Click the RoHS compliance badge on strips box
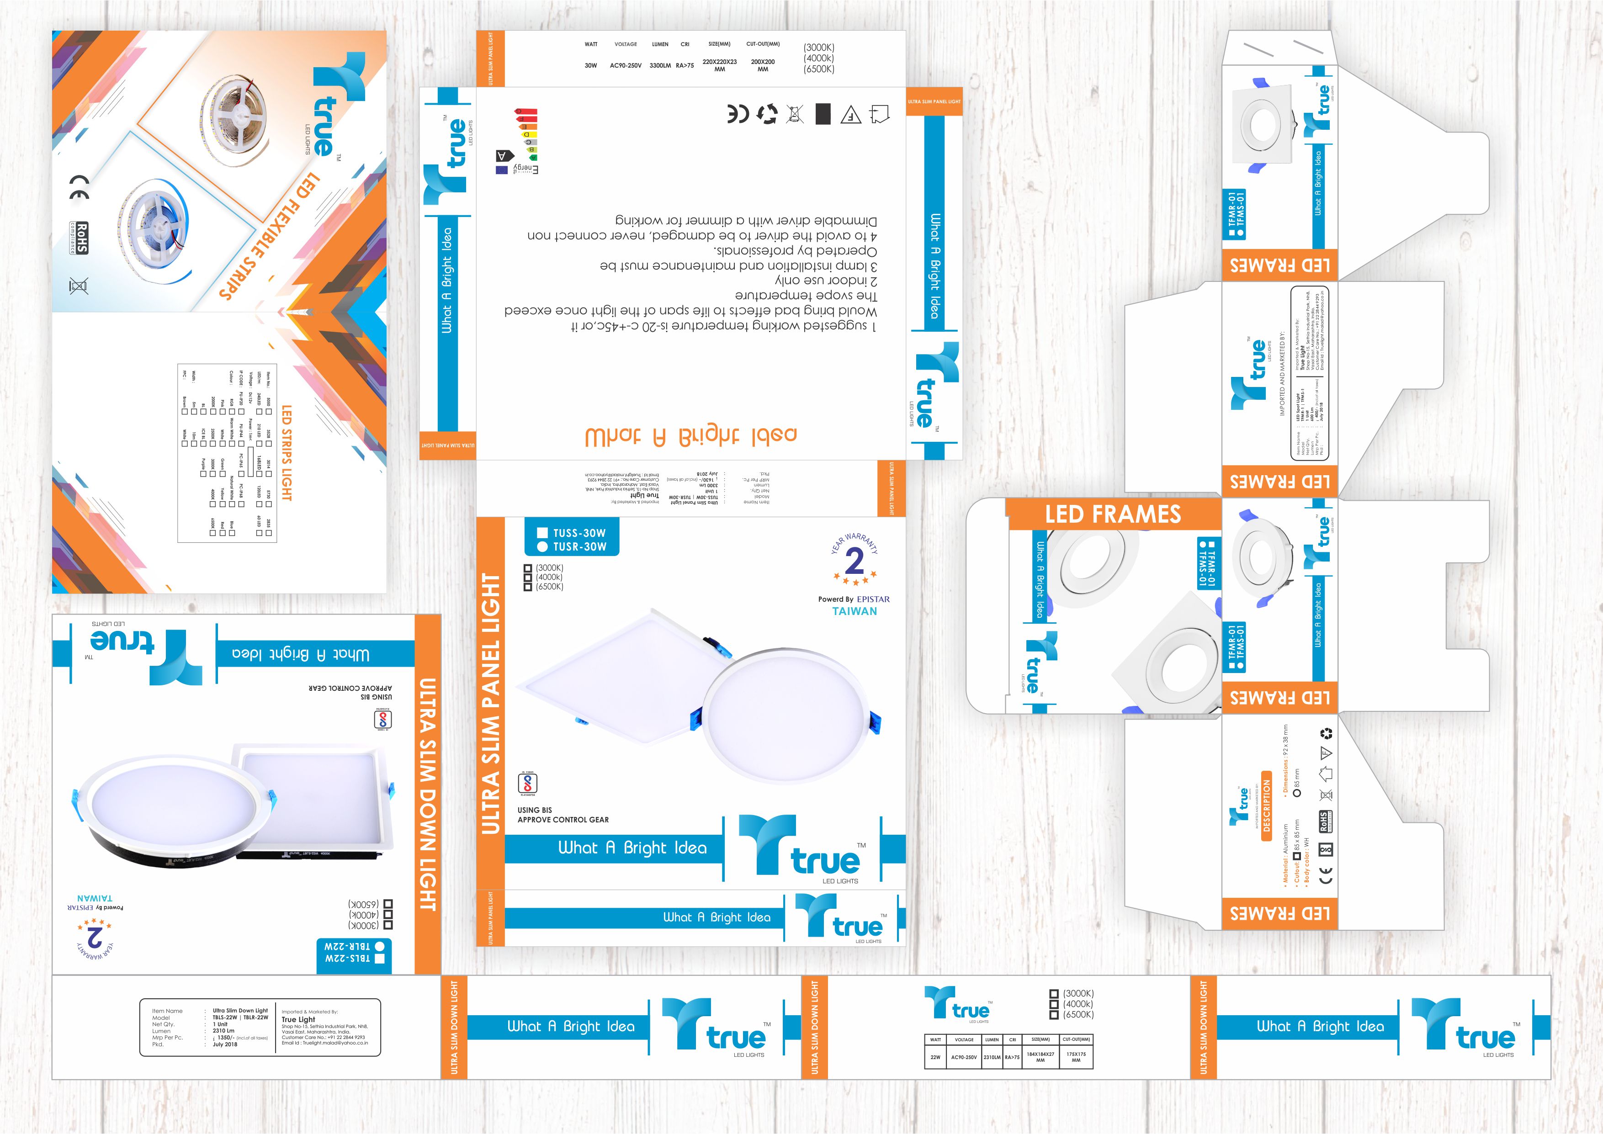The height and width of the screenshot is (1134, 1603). (x=81, y=238)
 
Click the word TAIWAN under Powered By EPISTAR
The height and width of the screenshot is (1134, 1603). (x=855, y=611)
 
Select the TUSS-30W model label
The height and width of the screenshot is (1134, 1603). (x=579, y=533)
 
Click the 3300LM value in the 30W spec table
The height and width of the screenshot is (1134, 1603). (x=660, y=66)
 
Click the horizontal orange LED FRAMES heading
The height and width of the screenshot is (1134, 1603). (x=1113, y=514)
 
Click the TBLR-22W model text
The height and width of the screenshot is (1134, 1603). (x=347, y=946)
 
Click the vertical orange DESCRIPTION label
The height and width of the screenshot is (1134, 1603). (x=1267, y=810)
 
